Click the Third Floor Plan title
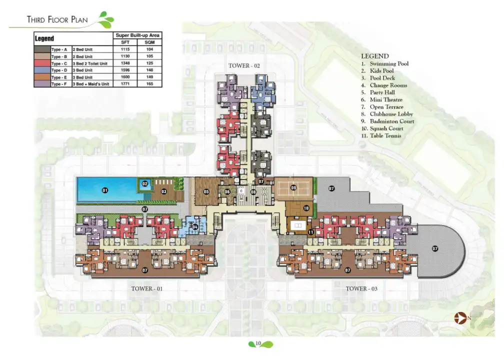coord(57,20)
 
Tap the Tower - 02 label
coord(244,65)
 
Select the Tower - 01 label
coord(147,288)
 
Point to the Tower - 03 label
coord(362,288)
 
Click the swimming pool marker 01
coord(105,190)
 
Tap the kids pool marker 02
coord(145,183)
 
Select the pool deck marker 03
coord(163,191)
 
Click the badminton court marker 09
coord(293,188)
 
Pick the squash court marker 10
coord(306,208)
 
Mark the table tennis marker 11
coord(311,231)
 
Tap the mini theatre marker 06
coord(227,191)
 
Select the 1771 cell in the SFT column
coord(125,84)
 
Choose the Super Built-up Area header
coord(137,35)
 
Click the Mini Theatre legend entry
coord(382,100)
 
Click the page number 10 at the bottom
coord(258,343)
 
